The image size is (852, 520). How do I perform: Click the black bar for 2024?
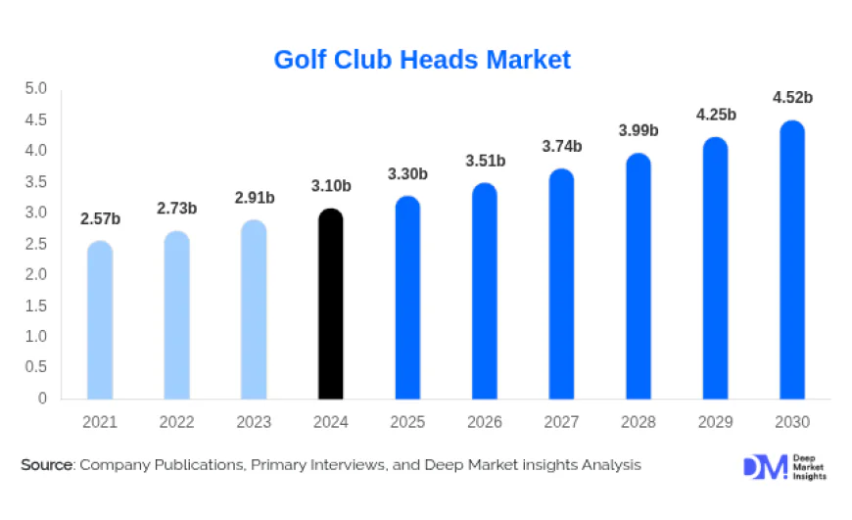331,306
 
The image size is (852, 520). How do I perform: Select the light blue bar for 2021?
100,321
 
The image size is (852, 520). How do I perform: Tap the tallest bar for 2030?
792,260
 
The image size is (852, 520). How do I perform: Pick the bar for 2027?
561,285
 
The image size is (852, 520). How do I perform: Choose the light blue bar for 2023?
254,310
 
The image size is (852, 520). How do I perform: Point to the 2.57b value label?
100,217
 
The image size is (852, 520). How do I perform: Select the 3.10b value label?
331,185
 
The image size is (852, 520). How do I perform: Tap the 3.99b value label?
639,130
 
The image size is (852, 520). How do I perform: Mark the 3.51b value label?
485,161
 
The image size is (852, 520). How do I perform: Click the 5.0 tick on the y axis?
36,89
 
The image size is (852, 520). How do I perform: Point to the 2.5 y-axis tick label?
36,244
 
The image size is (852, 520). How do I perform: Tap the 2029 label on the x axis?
716,423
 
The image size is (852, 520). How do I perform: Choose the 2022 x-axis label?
177,423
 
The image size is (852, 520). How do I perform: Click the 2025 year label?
407,423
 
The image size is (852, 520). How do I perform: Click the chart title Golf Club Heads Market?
422,60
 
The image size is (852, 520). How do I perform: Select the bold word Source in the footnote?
47,465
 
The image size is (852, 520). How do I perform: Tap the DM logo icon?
764,467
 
